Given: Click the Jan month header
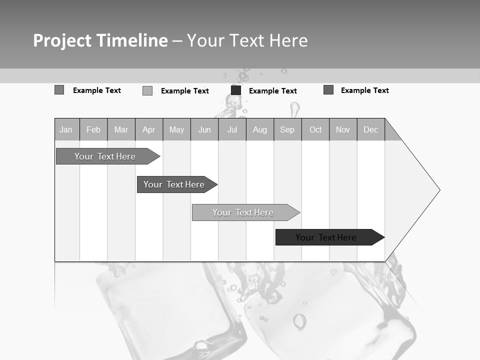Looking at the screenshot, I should (x=66, y=129).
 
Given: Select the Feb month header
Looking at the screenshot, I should (x=93, y=129).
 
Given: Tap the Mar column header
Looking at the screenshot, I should (x=121, y=129).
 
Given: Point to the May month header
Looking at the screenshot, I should (x=176, y=129).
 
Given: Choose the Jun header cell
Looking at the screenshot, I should (x=204, y=129).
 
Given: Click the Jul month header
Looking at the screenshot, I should (x=232, y=129).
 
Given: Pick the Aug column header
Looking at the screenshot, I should (x=260, y=129).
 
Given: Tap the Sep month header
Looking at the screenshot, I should (x=287, y=129).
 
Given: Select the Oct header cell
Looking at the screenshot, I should (x=315, y=129).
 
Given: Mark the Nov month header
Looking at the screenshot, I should (x=343, y=129).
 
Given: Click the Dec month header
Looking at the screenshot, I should (x=371, y=129).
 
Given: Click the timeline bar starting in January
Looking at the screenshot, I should (x=105, y=156).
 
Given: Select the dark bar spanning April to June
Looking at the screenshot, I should (x=174, y=184).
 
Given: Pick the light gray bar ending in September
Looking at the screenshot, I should (x=243, y=212).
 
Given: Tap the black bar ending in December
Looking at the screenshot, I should (x=326, y=237).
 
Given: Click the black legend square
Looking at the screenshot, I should (x=236, y=90).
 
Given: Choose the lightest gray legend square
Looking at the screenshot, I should (x=147, y=90).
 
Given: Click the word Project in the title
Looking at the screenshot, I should (x=63, y=40).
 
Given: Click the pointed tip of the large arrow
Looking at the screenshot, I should (x=438, y=190).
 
